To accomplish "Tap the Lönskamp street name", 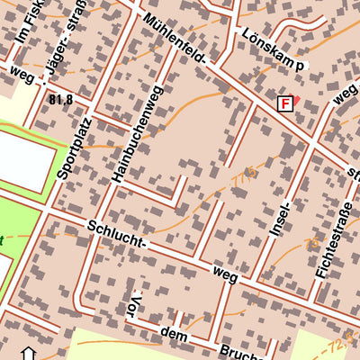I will [274, 49].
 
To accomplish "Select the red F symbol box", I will [285, 103].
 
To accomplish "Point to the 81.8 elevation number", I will [61, 99].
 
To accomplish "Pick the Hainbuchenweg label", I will [135, 135].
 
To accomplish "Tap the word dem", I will [173, 335].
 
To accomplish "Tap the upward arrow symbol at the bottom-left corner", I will [26, 353].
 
